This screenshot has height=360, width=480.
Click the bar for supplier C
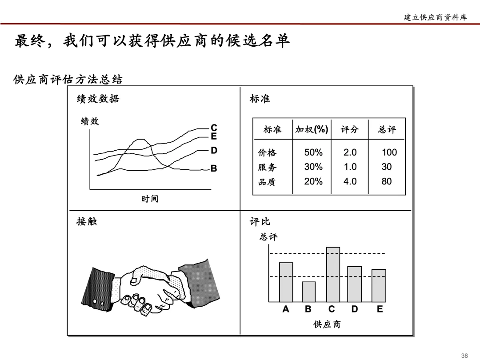[x=333, y=274]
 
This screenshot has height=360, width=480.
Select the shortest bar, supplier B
[x=308, y=292]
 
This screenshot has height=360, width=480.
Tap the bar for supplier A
[x=286, y=282]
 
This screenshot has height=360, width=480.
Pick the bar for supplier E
[x=379, y=285]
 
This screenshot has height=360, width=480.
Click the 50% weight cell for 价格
[x=313, y=152]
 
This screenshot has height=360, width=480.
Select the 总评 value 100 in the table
[x=389, y=152]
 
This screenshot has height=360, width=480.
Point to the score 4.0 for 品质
[x=350, y=181]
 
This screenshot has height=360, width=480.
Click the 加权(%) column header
[x=312, y=129]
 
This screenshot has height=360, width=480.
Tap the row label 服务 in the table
[x=267, y=167]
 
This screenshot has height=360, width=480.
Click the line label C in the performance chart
[x=214, y=128]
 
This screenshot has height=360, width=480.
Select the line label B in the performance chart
[x=214, y=169]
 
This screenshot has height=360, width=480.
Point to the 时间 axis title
[x=150, y=199]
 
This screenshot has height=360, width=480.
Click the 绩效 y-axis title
[x=90, y=121]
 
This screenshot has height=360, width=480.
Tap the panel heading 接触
[x=87, y=221]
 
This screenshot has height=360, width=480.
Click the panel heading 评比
[x=260, y=221]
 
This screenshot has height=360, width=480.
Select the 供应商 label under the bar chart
[x=327, y=324]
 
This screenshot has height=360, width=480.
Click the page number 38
[x=464, y=355]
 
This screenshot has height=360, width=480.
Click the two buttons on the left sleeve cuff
[x=99, y=302]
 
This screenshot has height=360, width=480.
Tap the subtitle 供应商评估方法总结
[x=68, y=80]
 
